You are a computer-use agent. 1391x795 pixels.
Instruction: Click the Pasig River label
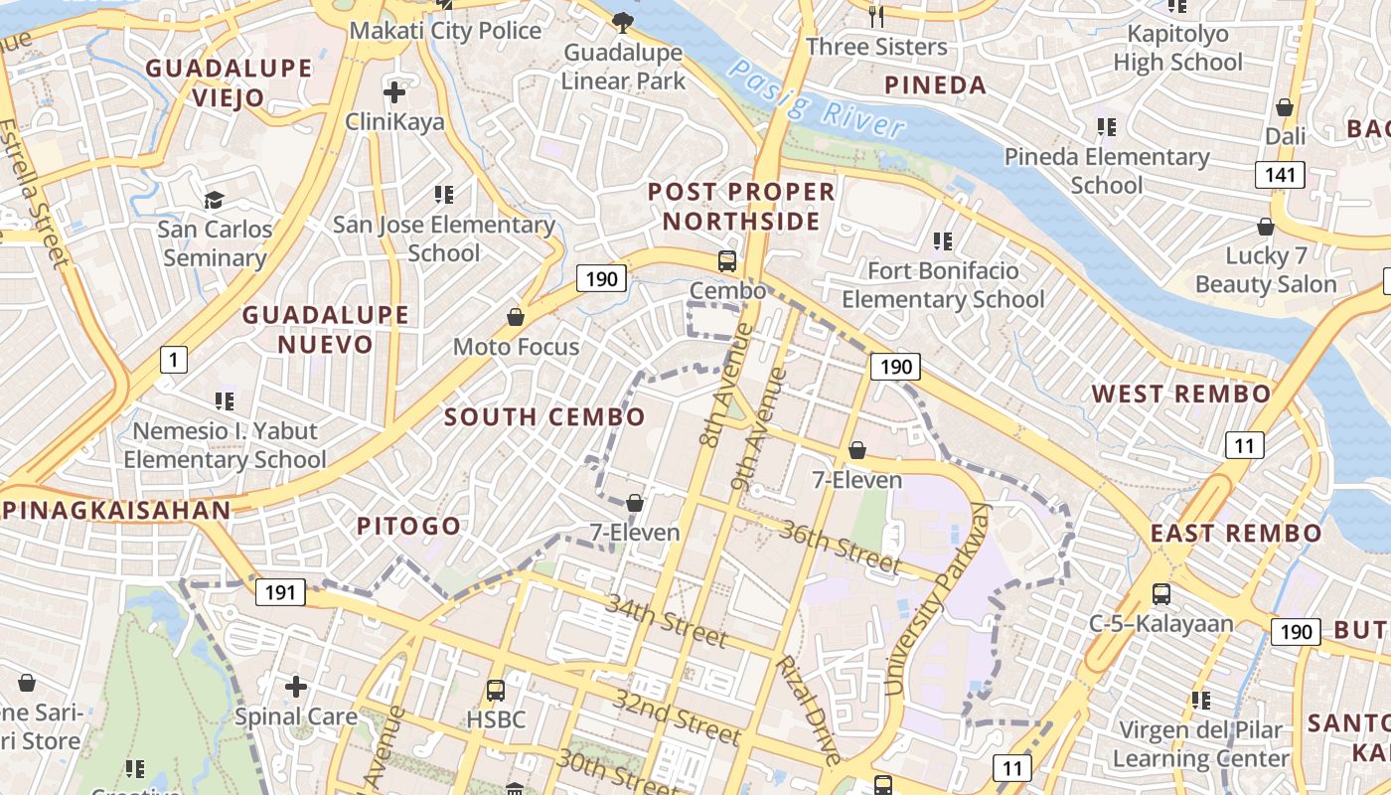tap(817, 99)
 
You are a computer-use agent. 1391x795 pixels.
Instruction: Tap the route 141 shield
tap(1280, 176)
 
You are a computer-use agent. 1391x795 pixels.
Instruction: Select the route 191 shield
tap(280, 593)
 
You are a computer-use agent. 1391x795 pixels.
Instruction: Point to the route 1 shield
tap(173, 359)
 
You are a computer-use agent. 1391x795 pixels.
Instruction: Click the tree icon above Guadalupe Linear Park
tap(623, 21)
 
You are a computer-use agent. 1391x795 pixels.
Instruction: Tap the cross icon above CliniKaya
tap(394, 92)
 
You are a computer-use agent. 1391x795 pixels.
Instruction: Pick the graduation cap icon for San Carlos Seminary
tap(215, 200)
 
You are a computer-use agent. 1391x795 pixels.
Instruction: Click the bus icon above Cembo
tap(727, 261)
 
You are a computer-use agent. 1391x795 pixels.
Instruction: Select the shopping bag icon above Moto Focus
tap(516, 317)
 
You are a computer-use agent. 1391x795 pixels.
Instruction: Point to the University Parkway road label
tap(937, 598)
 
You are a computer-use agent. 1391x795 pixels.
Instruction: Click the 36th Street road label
tap(841, 547)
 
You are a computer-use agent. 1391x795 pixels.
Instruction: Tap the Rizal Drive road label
tap(809, 708)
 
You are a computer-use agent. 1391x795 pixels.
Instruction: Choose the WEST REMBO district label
tap(1181, 394)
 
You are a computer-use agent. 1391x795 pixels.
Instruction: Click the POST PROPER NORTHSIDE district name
tap(741, 206)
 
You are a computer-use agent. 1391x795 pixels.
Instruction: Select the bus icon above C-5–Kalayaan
tap(1160, 594)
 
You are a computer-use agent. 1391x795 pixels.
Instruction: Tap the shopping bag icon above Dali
tap(1285, 106)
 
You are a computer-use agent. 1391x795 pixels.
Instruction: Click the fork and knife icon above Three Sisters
tap(875, 16)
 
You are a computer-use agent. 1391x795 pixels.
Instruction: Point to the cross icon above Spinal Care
tap(295, 686)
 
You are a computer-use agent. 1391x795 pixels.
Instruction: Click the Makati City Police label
tap(445, 31)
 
